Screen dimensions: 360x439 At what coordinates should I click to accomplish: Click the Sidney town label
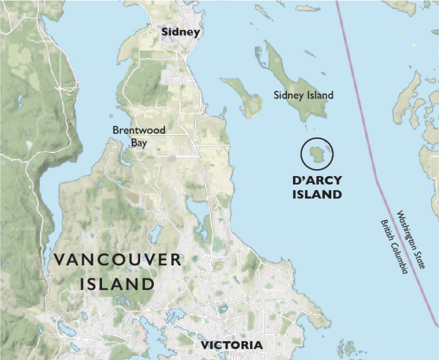(181, 32)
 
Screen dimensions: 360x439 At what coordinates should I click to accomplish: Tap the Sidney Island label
(303, 95)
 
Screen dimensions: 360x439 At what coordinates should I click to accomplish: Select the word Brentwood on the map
(139, 130)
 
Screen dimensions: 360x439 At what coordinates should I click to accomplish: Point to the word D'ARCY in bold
(317, 181)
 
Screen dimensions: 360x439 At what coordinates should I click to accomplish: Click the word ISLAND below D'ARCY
(317, 194)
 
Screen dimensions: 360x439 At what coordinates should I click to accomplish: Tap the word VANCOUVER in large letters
(118, 260)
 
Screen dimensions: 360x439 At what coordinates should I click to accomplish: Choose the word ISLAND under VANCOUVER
(118, 283)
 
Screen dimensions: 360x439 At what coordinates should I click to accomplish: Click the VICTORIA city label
(230, 345)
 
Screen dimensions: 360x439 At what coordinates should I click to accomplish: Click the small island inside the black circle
(315, 153)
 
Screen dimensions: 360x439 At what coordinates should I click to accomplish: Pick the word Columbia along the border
(400, 259)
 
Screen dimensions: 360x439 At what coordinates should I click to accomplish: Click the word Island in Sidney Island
(320, 95)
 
